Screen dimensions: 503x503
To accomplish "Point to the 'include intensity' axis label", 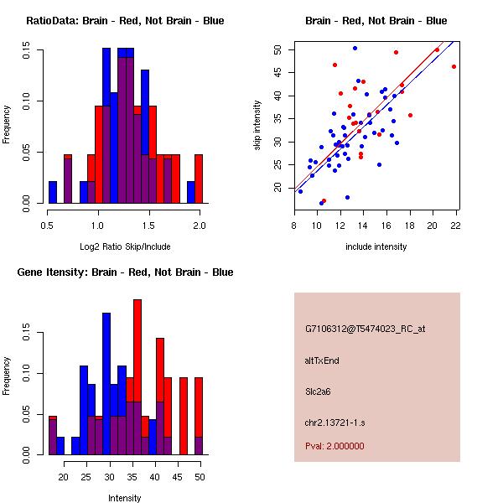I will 376,246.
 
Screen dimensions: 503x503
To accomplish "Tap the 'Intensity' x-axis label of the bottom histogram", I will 125,498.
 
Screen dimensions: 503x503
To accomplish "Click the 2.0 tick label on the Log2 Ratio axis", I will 200,226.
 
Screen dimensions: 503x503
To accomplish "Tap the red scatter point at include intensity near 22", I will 454,66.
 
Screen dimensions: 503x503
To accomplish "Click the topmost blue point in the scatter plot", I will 355,49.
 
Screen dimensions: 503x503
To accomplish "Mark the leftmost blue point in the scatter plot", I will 300,191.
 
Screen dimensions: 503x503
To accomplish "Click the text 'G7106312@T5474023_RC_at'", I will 365,329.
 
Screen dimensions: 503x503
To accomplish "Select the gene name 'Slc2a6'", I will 319,391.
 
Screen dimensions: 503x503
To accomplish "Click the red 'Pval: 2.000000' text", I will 334,446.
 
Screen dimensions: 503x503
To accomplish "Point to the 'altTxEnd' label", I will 321,360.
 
